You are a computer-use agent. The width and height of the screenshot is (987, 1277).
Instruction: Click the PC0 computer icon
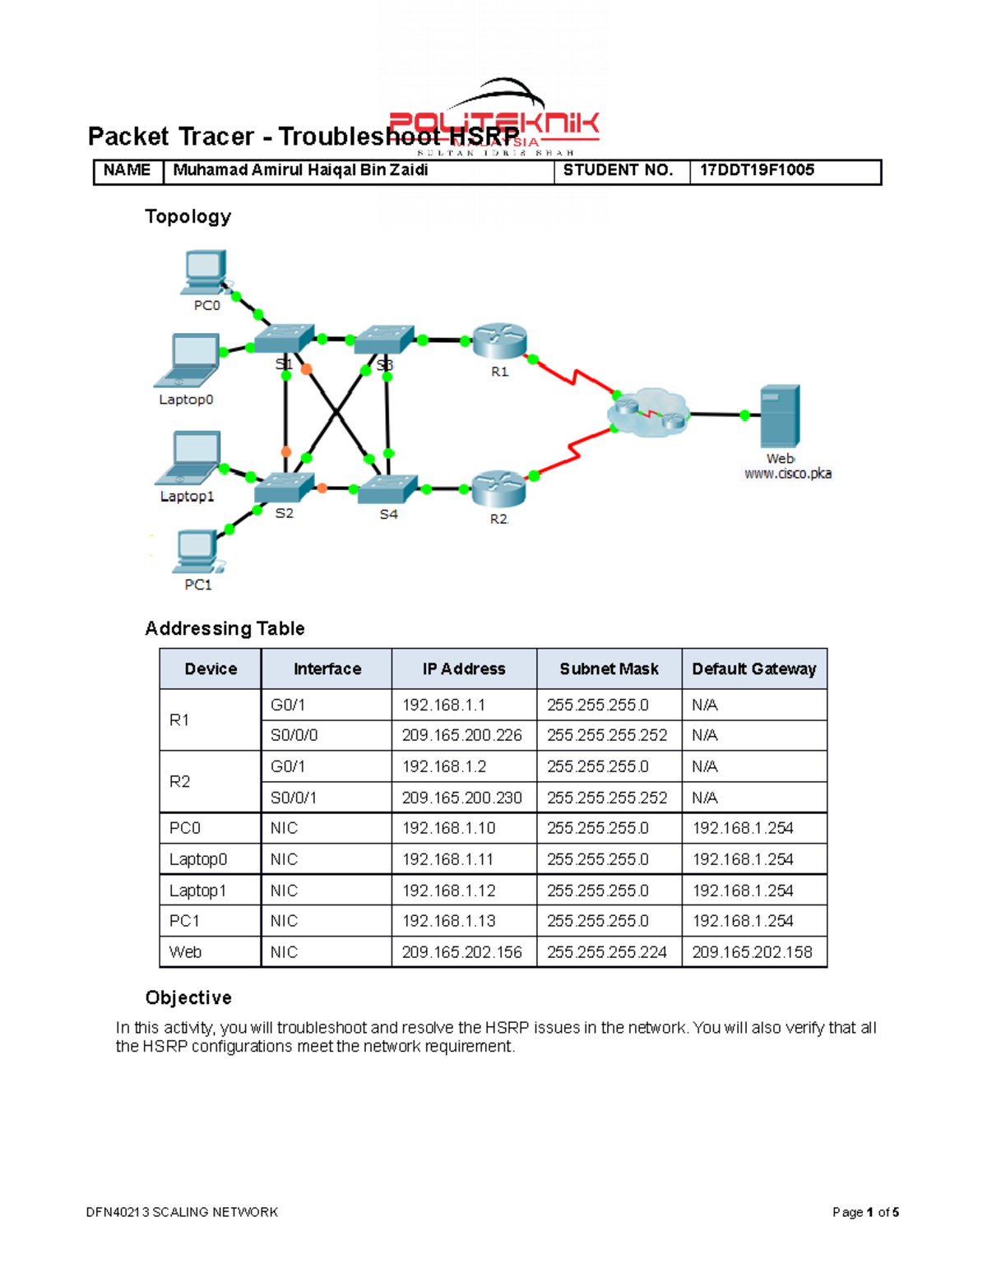[x=203, y=272]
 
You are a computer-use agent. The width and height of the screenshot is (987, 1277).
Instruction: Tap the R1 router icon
[x=499, y=341]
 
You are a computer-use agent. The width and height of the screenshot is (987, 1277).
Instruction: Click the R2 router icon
[x=498, y=489]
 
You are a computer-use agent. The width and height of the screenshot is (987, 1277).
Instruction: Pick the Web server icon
[x=779, y=417]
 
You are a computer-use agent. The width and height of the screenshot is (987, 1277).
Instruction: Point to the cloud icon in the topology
[x=649, y=412]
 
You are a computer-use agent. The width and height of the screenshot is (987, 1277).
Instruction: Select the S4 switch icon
[x=388, y=488]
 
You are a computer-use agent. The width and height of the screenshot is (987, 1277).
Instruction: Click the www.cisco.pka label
[x=787, y=474]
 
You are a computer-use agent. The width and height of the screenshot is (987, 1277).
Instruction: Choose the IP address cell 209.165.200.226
[x=461, y=735]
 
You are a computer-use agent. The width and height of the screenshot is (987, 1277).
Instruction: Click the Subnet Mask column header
[x=609, y=669]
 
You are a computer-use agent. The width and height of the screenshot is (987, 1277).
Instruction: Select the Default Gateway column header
[x=753, y=669]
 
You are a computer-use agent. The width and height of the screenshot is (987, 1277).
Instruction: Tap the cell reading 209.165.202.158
[x=752, y=952]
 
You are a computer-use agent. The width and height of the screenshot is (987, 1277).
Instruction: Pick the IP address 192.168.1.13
[x=448, y=921]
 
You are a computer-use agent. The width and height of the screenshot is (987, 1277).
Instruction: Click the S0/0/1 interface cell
[x=294, y=798]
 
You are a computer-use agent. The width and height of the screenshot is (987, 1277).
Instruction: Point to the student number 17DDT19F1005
[x=757, y=170]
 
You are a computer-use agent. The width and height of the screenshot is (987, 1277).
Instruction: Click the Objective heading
[x=188, y=997]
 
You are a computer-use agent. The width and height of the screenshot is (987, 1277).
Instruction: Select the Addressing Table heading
[x=225, y=628]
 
